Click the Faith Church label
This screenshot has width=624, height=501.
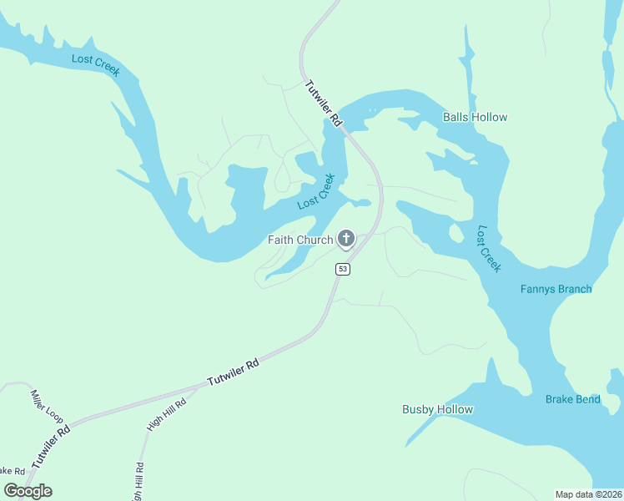click(299, 240)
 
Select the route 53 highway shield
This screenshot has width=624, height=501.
click(343, 269)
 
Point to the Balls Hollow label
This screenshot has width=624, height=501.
click(475, 117)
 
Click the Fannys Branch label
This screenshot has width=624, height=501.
click(556, 289)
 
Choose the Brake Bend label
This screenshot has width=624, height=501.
click(572, 399)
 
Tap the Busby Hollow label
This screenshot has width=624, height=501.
click(437, 409)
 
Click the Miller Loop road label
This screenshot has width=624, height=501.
click(47, 404)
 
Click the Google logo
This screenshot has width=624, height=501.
click(28, 490)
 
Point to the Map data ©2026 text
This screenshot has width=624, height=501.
click(588, 493)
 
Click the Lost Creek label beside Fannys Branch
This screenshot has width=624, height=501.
click(489, 248)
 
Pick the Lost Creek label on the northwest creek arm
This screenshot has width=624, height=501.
click(96, 64)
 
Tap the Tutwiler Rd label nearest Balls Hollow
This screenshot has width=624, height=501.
click(324, 103)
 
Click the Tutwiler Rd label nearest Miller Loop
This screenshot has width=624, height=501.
click(51, 445)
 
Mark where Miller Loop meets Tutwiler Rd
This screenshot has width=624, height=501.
click(70, 422)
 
